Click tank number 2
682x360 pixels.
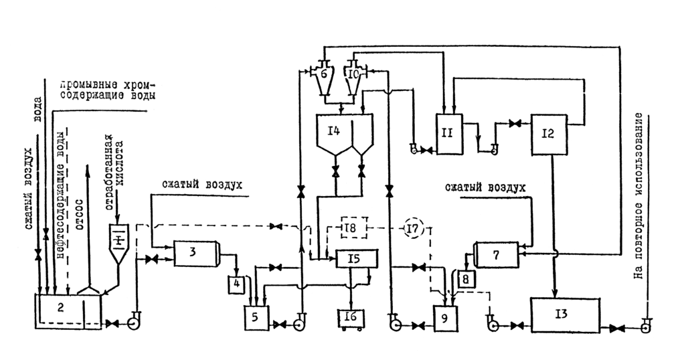tap(60, 310)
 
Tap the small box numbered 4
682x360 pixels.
tap(238, 284)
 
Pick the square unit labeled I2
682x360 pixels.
tap(548, 133)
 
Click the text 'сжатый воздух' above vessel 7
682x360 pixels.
tap(485, 187)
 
